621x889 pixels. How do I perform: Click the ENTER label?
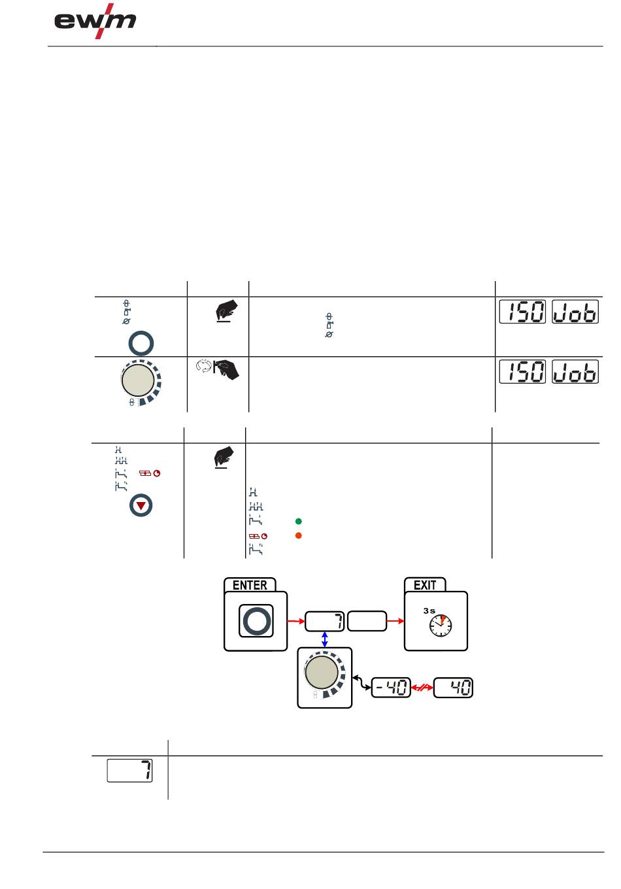[250, 585]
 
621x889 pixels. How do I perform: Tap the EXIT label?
[425, 585]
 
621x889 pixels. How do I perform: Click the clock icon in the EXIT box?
[440, 626]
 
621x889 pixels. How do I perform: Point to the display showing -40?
[391, 688]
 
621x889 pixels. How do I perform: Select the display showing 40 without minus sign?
[454, 688]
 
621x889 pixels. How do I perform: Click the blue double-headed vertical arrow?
[325, 639]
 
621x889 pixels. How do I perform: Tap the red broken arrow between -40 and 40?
[422, 688]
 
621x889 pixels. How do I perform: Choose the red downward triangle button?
[141, 506]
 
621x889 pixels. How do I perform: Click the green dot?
[298, 522]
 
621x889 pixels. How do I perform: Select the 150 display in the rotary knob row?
[522, 372]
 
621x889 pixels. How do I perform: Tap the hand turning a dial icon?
[218, 369]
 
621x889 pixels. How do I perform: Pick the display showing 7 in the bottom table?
[129, 771]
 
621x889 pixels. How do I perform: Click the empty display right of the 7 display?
[367, 621]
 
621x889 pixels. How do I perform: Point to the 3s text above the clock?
[429, 611]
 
